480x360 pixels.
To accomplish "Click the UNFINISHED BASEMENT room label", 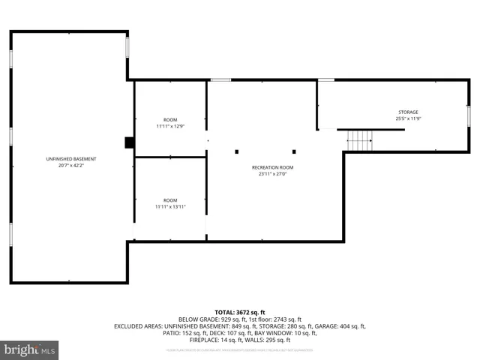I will coord(71,158).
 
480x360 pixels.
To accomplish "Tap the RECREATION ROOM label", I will coord(272,167).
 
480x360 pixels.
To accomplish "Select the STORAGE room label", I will coord(408,112).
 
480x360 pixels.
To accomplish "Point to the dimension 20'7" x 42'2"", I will coord(71,165).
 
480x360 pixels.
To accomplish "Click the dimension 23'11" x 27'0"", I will coord(272,174).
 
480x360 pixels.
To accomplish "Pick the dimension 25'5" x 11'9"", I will coord(408,118).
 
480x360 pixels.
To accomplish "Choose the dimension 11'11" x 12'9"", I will coord(170,126).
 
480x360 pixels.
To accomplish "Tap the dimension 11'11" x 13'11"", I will coord(170,207).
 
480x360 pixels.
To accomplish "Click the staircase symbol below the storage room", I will coord(359,139).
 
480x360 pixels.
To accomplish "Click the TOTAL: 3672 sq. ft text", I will coord(240,312).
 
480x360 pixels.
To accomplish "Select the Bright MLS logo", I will coord(30,349).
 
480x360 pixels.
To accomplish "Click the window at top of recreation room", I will coord(220,79).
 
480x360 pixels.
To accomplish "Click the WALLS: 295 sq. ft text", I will coord(268,340).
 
